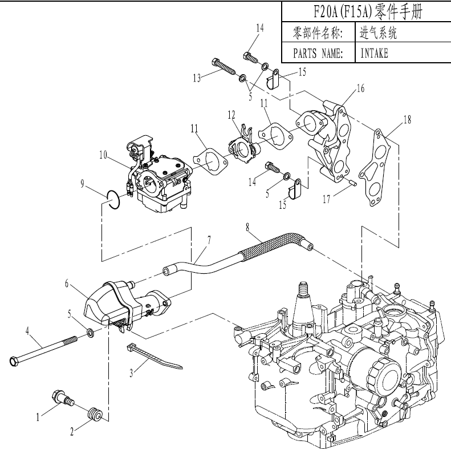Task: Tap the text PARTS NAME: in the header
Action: tap(318, 54)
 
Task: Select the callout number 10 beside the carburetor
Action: tap(103, 154)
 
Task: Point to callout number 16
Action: tap(360, 88)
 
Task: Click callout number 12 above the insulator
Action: tap(231, 115)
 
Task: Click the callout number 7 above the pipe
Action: tap(209, 240)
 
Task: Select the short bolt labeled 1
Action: tap(59, 398)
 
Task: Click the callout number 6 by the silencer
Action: tap(67, 283)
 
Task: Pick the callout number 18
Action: tap(407, 120)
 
